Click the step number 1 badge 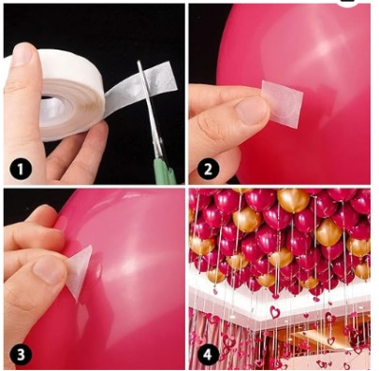coord(21,170)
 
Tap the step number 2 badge coord(208,169)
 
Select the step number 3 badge coord(21,354)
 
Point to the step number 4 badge coord(208,354)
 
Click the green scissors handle coord(165,170)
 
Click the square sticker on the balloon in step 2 coord(282,104)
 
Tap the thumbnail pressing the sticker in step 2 coord(252,110)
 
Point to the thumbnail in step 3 coord(50,269)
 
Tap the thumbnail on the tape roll coord(22,55)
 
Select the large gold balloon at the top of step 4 coord(294,200)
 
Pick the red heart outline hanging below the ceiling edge coord(275,311)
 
